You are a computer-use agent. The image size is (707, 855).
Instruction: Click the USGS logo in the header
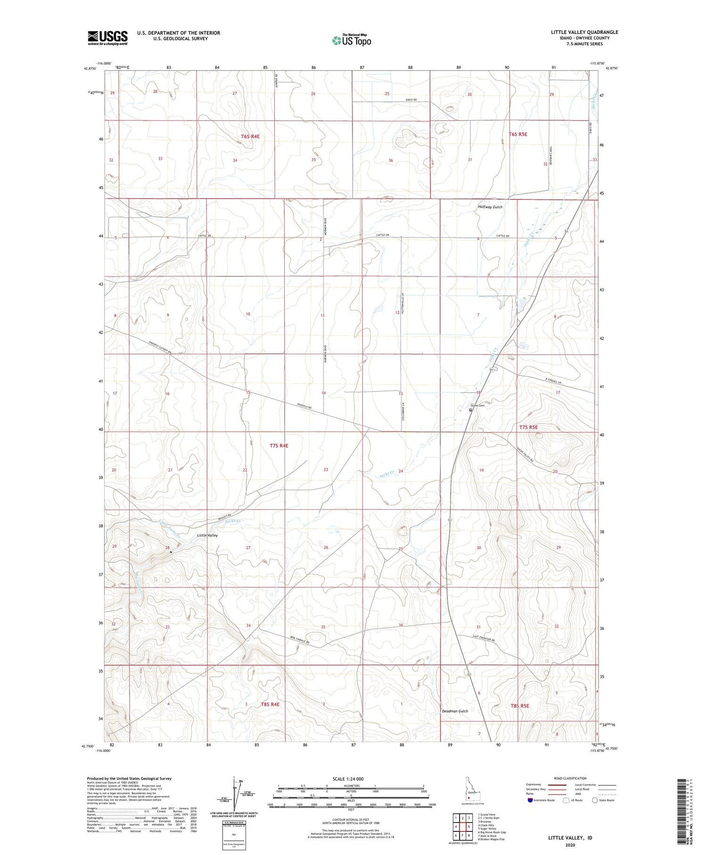[x=107, y=38]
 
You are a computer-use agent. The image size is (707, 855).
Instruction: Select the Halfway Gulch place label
[x=490, y=207]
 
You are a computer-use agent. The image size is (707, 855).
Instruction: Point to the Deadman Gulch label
[x=455, y=724]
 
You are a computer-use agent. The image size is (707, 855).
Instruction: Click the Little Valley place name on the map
[x=207, y=536]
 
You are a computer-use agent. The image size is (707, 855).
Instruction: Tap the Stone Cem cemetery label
[x=477, y=406]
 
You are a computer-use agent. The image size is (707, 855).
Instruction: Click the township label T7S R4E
[x=279, y=445]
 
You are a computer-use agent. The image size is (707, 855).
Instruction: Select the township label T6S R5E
[x=518, y=134]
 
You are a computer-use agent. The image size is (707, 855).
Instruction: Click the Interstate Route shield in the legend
[x=530, y=800]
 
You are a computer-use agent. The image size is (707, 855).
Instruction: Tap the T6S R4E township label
[x=250, y=136]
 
